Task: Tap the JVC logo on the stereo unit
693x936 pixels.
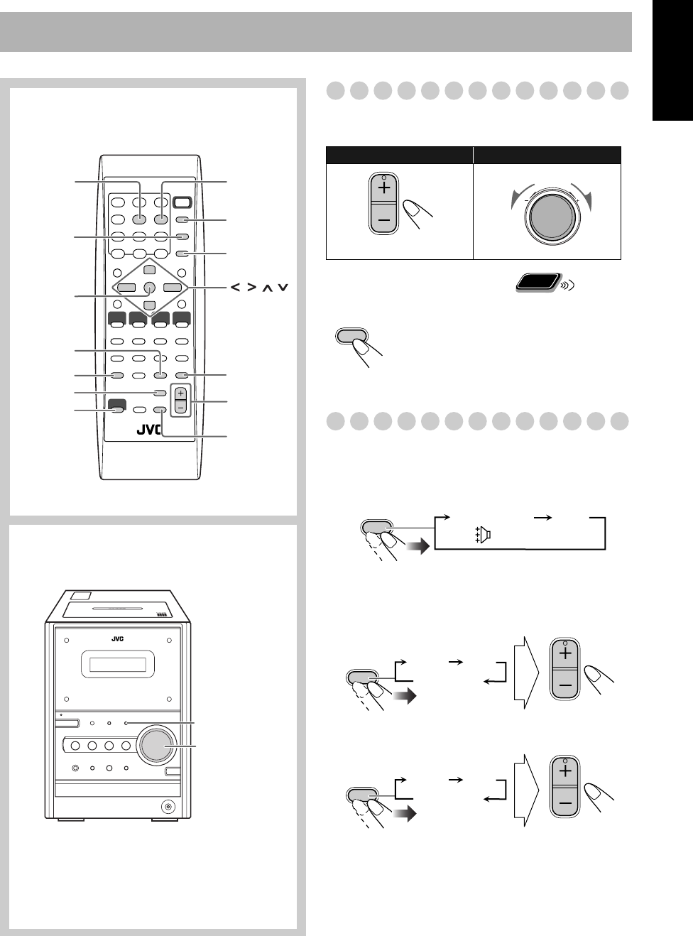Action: coord(118,638)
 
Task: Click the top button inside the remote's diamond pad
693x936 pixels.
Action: coord(149,270)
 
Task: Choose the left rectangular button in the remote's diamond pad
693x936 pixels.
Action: coord(126,288)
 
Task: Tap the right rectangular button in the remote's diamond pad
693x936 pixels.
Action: coord(172,288)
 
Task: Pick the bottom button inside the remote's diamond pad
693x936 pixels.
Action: coord(149,305)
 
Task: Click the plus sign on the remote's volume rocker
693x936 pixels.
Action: coord(181,393)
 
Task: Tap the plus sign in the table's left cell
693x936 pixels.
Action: coord(384,189)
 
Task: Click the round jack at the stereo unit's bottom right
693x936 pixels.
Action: coord(168,806)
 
